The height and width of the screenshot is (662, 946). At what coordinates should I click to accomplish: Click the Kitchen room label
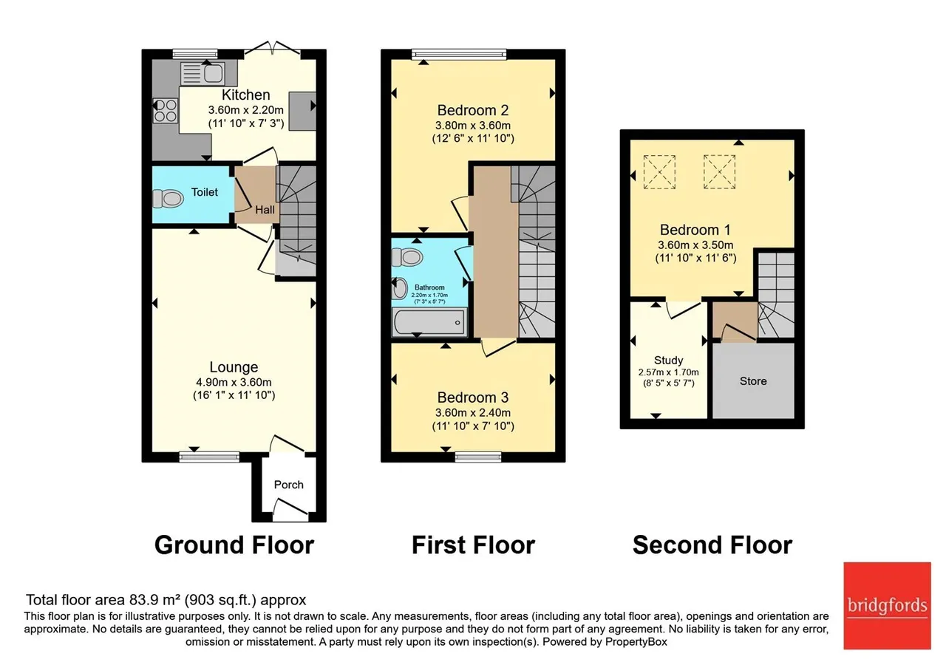[x=246, y=95]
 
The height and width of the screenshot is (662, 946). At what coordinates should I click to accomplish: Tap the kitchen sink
[x=203, y=73]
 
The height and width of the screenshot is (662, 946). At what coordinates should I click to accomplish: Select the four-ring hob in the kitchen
[x=165, y=110]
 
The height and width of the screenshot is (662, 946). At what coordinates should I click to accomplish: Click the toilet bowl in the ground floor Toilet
[x=168, y=199]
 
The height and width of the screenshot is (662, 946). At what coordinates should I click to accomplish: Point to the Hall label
[x=265, y=209]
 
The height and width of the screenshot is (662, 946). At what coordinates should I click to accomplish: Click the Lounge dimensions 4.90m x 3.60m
[x=234, y=382]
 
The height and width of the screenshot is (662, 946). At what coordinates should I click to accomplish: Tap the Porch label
[x=289, y=484]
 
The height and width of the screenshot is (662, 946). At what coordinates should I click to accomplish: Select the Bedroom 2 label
[x=473, y=110]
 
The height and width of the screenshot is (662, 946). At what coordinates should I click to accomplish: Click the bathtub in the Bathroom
[x=429, y=322]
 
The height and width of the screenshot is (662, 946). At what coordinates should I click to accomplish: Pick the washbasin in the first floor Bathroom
[x=400, y=289]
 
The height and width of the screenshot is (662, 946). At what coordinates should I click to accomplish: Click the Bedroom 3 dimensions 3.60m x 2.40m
[x=473, y=412]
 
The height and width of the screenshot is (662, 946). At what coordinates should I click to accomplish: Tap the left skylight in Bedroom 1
[x=659, y=172]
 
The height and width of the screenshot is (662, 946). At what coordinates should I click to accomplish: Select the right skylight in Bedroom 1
[x=719, y=172]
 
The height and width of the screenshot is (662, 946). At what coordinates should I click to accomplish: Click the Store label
[x=753, y=381]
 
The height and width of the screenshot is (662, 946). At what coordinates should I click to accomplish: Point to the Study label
[x=669, y=360]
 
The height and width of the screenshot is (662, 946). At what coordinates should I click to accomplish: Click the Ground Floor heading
[x=234, y=545]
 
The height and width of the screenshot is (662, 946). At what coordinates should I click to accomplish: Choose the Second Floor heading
[x=712, y=545]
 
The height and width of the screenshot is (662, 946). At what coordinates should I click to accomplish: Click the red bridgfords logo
[x=888, y=606]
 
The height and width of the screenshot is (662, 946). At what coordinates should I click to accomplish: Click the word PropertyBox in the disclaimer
[x=636, y=642]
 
